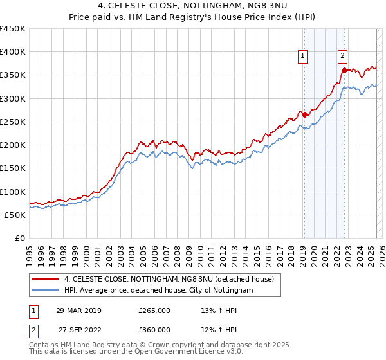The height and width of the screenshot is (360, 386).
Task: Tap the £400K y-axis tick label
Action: tap(12, 52)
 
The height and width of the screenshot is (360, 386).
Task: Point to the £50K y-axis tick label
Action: tap(15, 215)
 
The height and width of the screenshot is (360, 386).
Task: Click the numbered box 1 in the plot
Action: tap(302, 57)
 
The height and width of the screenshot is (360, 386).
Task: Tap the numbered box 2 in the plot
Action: tap(343, 57)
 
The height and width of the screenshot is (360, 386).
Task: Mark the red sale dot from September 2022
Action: tap(344, 70)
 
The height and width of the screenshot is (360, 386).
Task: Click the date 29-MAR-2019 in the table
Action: tap(78, 310)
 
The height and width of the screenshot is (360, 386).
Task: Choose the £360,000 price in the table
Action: tap(154, 330)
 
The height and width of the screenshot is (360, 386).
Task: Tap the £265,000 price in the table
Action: tap(154, 310)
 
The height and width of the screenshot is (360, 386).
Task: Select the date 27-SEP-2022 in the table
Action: tap(78, 330)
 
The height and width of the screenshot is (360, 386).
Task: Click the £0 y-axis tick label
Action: tap(20, 239)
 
